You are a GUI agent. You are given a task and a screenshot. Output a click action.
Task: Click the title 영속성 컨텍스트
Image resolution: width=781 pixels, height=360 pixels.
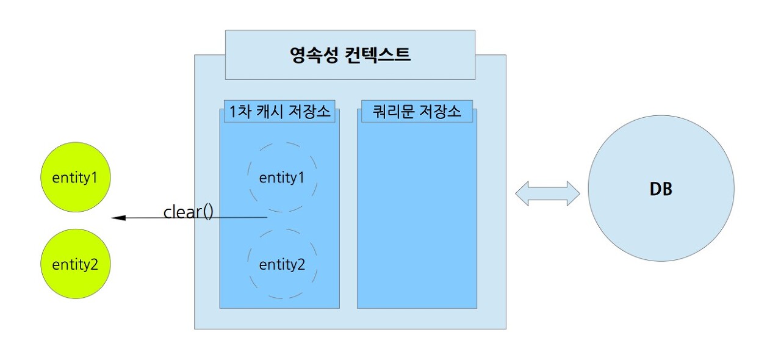click(350, 55)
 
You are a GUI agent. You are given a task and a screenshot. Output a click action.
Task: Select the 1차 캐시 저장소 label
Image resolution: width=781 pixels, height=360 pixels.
click(279, 112)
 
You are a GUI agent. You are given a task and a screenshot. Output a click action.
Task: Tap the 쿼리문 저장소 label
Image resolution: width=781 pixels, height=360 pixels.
click(417, 112)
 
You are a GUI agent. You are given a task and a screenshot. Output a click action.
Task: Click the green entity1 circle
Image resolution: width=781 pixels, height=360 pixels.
click(75, 178)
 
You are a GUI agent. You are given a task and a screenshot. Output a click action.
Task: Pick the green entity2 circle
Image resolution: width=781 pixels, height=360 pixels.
click(75, 264)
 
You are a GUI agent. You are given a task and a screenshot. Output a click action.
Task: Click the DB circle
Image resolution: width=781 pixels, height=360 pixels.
click(661, 189)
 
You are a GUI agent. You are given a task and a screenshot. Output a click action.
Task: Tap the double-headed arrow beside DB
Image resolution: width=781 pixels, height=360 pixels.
click(547, 193)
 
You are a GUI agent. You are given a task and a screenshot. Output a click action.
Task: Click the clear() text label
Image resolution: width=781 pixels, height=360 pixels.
click(188, 212)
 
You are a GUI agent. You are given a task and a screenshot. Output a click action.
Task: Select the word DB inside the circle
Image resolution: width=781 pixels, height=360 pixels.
click(661, 189)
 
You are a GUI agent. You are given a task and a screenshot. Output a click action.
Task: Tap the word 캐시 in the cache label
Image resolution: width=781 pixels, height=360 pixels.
click(266, 112)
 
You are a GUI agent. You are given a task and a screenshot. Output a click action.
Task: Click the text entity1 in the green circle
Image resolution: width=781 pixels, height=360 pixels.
click(75, 178)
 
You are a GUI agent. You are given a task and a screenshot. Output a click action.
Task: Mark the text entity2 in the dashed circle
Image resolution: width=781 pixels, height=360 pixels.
click(282, 264)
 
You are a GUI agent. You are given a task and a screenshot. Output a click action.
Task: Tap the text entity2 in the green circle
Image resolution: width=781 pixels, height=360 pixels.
click(75, 264)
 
